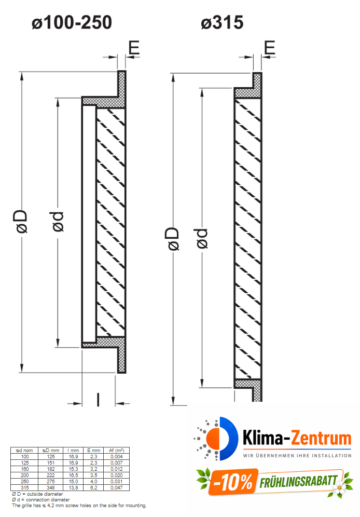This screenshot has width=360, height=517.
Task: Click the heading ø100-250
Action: coord(72,23)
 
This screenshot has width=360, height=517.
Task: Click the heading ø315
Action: coord(222,23)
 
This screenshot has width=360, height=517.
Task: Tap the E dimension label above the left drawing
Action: coord(133,48)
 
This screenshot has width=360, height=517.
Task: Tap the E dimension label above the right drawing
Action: coord(269,48)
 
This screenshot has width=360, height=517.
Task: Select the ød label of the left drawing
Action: coord(57,221)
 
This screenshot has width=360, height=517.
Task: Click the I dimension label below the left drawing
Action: coord(98,400)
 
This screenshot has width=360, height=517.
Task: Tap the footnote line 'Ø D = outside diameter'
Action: coord(37,494)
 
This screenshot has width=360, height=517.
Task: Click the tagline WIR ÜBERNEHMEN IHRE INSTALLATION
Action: coord(297,455)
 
